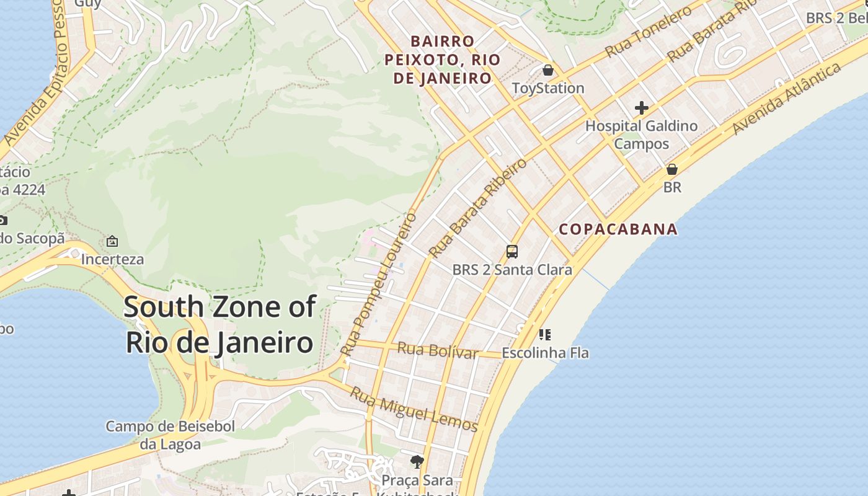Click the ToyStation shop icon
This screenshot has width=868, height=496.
pos(547,70)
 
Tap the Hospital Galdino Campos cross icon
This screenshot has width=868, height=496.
pos(641,108)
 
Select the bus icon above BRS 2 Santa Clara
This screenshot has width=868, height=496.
pos(512,252)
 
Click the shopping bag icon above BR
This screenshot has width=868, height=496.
pos(671,169)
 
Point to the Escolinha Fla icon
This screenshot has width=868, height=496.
pos(545,335)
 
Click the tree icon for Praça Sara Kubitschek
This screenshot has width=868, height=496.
pos(417,461)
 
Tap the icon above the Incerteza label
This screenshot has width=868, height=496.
pos(112,241)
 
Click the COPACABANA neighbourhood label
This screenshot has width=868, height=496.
pos(618,229)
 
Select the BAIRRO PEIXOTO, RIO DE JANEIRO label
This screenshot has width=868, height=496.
pos(443,60)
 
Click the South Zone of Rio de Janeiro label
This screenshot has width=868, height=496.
pos(220,324)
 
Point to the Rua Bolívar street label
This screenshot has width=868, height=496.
pos(438,350)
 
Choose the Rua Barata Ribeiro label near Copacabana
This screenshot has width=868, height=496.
pos(478,208)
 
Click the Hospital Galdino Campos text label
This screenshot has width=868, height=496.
pos(642,135)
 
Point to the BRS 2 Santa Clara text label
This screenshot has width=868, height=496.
pos(512,270)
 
